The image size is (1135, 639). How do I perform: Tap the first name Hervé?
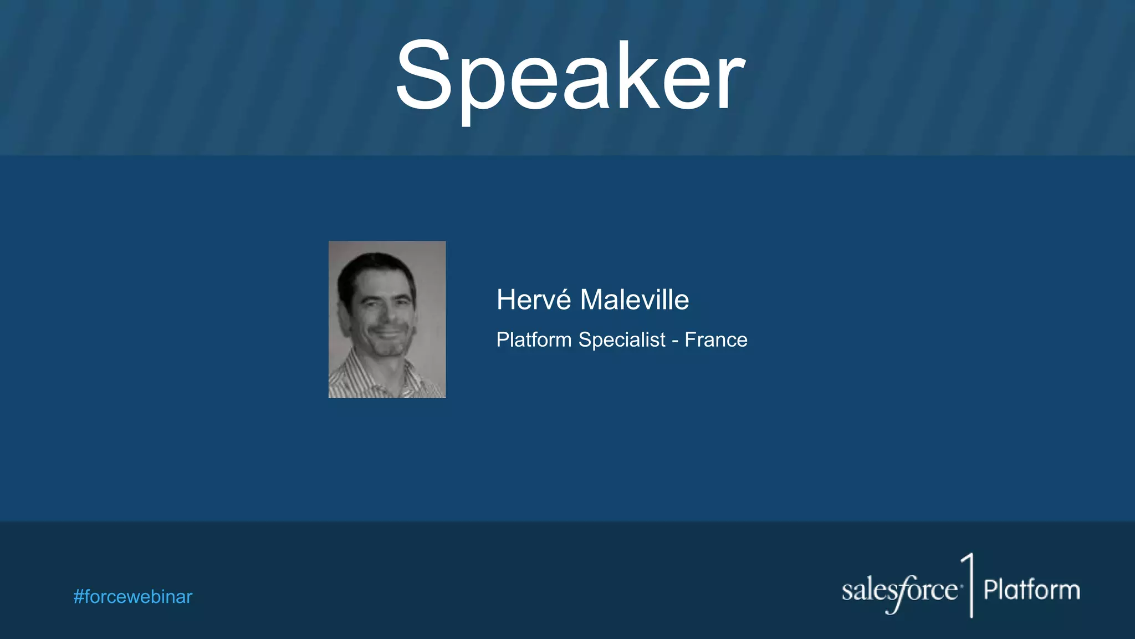click(x=533, y=300)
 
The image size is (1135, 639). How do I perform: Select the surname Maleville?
click(x=634, y=300)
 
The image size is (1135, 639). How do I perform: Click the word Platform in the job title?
click(x=534, y=339)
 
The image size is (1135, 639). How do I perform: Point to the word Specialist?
click(x=622, y=340)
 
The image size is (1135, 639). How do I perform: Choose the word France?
click(x=716, y=339)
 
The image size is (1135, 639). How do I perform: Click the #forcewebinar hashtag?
click(x=133, y=597)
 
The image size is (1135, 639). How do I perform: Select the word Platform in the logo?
click(x=1031, y=590)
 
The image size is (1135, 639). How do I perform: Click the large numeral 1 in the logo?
click(x=969, y=585)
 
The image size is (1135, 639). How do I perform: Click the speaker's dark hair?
click(x=377, y=266)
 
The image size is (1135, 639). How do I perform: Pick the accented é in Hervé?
click(x=564, y=300)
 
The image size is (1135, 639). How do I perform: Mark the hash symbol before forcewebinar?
click(x=79, y=597)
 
